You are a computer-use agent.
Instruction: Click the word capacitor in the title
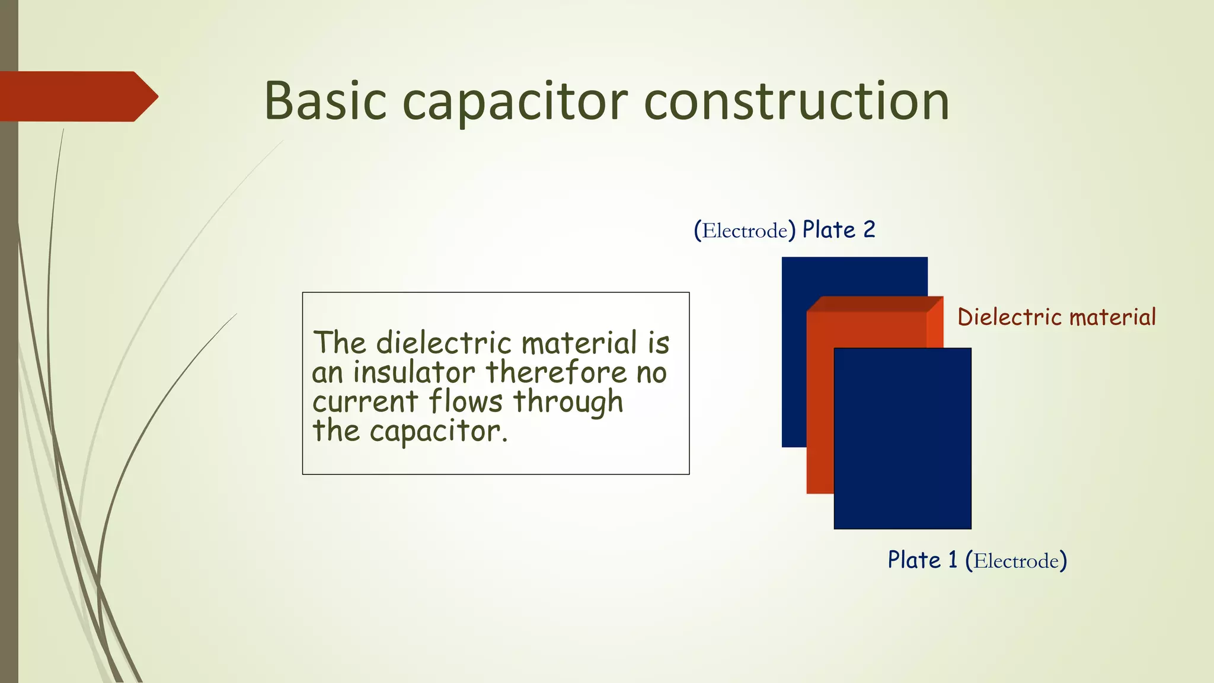coord(515,102)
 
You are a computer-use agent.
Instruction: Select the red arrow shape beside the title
coord(77,96)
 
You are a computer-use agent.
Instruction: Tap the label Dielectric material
coord(1056,317)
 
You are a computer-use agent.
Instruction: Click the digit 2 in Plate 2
coord(868,229)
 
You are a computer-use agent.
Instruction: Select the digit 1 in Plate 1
coord(953,560)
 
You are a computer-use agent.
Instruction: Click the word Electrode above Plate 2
coord(745,231)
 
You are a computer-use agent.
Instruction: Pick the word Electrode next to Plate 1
coord(1016,561)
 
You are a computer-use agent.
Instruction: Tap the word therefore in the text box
coord(556,372)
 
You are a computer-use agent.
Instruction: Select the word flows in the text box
coord(465,401)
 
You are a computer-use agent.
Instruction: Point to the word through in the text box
coord(568,403)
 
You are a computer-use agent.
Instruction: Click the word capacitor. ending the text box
coord(439,431)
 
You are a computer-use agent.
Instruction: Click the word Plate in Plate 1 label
coord(913,560)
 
